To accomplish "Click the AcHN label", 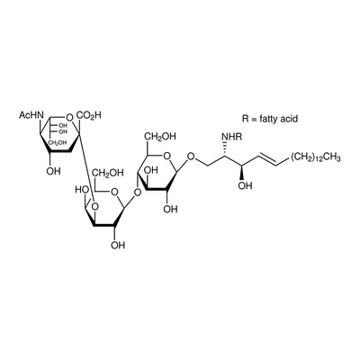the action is coord(31,115).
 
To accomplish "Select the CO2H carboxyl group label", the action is coord(89,115).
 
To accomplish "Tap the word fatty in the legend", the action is coord(267,119).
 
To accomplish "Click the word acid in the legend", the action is coord(288,119).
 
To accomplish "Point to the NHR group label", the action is coord(231,137).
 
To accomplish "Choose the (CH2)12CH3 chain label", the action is coord(315,157).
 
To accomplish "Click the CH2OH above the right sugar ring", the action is coord(160,137).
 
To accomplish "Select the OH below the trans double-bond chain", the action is coord(246,185).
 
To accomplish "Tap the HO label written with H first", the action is coord(82,190).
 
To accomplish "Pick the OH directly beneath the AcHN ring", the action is coord(54,171).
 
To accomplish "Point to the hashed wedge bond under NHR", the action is coord(224,148).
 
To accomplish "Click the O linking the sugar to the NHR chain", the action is coord(191,157).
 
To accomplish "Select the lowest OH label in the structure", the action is coord(118,245).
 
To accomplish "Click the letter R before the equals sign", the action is coord(246,119).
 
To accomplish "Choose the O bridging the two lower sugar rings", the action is coord(137,192).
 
